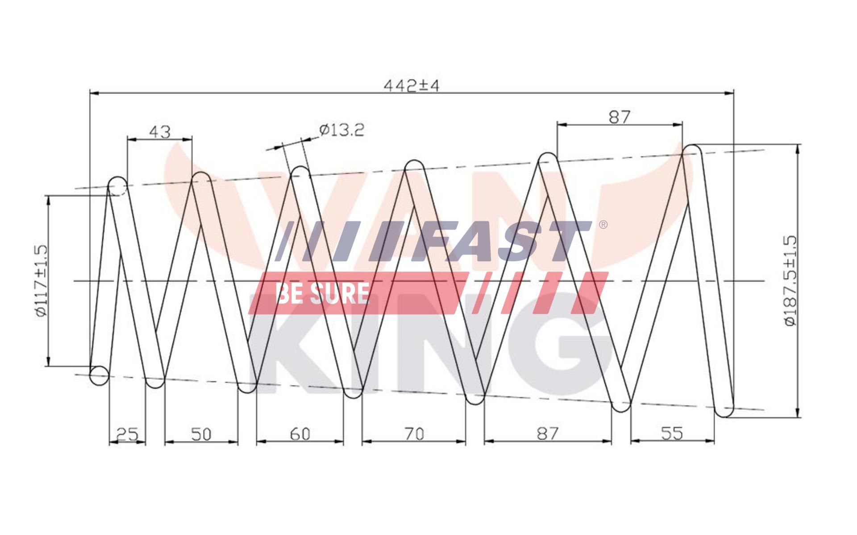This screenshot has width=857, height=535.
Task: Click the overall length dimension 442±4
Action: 412,85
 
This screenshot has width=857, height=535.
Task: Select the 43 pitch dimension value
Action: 159,132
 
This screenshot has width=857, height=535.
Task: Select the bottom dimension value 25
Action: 127,433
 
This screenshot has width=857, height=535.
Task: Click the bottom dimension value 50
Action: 200,433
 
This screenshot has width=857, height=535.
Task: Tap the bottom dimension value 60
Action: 300,433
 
